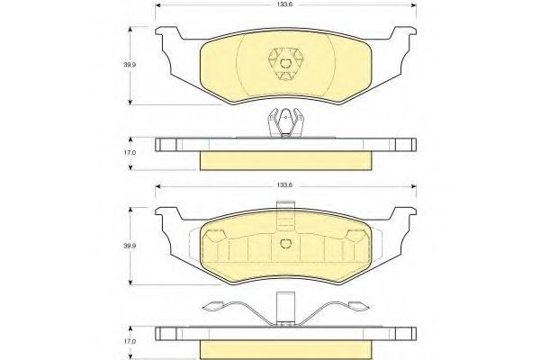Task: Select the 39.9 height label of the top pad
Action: [x=130, y=65]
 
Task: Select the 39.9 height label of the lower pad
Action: [x=130, y=246]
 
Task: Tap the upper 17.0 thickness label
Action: [x=130, y=152]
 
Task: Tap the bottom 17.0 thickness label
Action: [x=130, y=341]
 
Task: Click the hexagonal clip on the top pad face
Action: [x=285, y=64]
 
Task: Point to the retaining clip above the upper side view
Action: [x=285, y=122]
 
